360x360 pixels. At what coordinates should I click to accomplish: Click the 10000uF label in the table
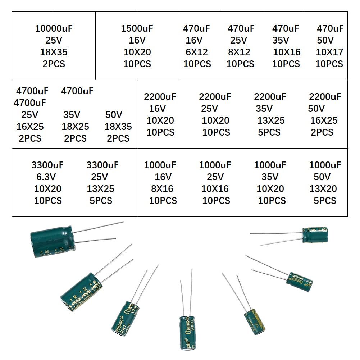click(54, 28)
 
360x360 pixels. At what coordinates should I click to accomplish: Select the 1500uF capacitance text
click(137, 28)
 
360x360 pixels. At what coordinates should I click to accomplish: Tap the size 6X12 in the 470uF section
click(196, 52)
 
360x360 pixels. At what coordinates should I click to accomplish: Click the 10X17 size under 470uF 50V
click(329, 52)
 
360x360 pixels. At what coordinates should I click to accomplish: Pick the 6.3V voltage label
click(47, 177)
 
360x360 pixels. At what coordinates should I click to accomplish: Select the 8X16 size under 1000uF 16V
click(162, 189)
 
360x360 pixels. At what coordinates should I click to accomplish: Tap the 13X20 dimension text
click(323, 189)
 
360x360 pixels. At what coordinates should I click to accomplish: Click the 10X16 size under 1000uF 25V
click(215, 189)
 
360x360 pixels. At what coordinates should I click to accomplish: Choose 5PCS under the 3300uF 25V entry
click(101, 201)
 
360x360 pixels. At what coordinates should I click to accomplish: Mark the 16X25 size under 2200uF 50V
click(324, 120)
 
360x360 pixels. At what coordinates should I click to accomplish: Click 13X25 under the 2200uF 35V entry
click(271, 120)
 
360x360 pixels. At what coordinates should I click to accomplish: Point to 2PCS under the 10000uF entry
click(54, 64)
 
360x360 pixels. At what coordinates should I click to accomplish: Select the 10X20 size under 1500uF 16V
click(137, 52)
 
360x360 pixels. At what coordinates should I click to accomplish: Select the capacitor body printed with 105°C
click(315, 234)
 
